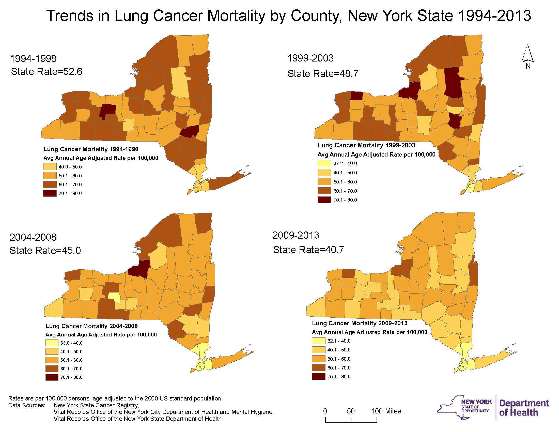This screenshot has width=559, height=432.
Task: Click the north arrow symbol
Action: click(x=527, y=54)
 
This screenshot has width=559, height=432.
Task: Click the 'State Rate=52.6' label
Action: click(x=46, y=71)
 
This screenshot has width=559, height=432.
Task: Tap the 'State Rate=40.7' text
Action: click(x=308, y=250)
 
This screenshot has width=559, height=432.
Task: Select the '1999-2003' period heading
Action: click(x=310, y=58)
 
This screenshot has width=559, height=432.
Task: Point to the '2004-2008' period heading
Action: click(x=33, y=237)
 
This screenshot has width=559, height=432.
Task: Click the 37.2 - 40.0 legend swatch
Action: click(x=324, y=164)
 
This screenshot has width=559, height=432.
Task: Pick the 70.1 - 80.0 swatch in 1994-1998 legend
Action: click(x=50, y=193)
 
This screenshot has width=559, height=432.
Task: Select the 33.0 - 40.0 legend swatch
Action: click(x=52, y=343)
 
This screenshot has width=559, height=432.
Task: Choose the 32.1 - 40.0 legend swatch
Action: click(x=318, y=341)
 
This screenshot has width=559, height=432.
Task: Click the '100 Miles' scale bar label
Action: click(x=386, y=411)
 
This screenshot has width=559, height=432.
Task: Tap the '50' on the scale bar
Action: click(x=351, y=411)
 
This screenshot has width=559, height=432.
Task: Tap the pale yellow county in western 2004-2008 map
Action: click(x=114, y=296)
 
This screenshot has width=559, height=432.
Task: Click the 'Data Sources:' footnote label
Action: click(x=27, y=405)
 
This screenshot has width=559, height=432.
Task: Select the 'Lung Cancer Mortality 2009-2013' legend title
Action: click(x=359, y=323)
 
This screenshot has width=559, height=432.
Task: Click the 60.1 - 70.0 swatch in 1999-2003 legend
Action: click(x=324, y=191)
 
